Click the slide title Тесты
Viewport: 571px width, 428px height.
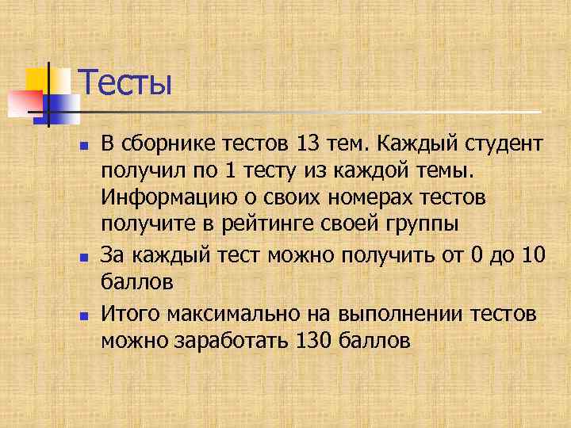(x=125, y=83)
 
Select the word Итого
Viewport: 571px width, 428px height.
(x=125, y=314)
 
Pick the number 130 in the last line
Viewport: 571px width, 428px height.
(x=312, y=341)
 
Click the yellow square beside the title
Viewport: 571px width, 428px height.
(x=37, y=80)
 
